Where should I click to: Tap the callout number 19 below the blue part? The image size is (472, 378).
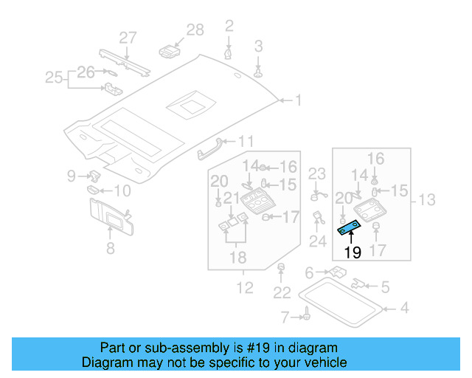[353, 253]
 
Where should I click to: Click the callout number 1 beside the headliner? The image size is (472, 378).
[298, 100]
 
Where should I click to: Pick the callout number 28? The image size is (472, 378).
[195, 30]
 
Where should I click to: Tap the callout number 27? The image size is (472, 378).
[128, 38]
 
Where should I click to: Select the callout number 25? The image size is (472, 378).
[54, 77]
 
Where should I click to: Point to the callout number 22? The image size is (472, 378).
[282, 293]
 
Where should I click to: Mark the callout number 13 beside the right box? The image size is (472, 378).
[428, 199]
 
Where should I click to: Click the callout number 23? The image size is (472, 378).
[316, 174]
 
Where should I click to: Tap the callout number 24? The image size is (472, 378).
[317, 241]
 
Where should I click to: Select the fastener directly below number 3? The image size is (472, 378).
[258, 72]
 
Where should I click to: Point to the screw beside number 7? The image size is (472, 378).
[304, 317]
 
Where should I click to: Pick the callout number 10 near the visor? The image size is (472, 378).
[121, 191]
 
